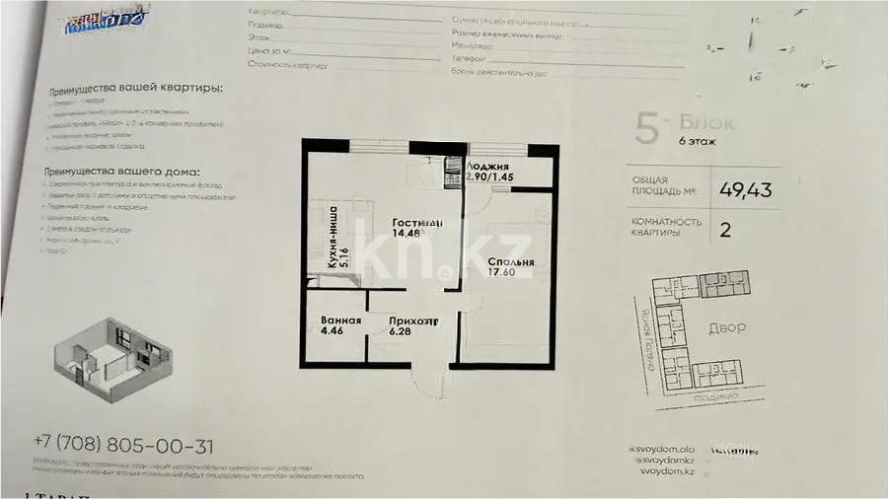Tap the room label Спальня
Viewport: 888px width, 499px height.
point(511,262)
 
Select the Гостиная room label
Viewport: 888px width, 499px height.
point(414,222)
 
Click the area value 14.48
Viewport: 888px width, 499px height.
point(406,234)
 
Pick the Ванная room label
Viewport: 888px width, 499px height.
point(340,321)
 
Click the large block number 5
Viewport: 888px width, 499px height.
point(646,131)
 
